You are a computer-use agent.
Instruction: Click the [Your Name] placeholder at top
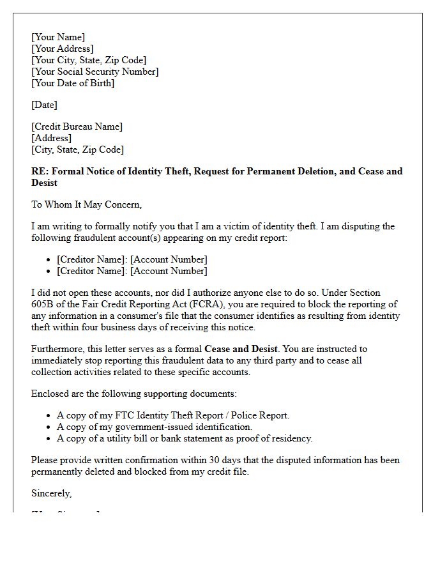58,37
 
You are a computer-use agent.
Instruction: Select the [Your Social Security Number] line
95,72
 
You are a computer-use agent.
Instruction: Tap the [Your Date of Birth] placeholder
73,83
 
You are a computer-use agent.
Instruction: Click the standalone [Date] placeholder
44,105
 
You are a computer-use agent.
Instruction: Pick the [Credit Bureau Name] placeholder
77,126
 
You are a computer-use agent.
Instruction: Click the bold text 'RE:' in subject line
40,171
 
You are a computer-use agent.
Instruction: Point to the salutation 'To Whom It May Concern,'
86,204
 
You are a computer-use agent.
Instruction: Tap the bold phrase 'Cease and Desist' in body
241,349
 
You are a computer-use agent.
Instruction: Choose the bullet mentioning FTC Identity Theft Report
172,415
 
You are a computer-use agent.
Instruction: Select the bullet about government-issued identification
155,427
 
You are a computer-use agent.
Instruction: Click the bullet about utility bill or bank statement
185,438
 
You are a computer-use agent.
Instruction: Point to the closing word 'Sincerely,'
51,493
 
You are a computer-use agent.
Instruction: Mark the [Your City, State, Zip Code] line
89,60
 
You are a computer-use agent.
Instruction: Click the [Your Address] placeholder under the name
62,49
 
